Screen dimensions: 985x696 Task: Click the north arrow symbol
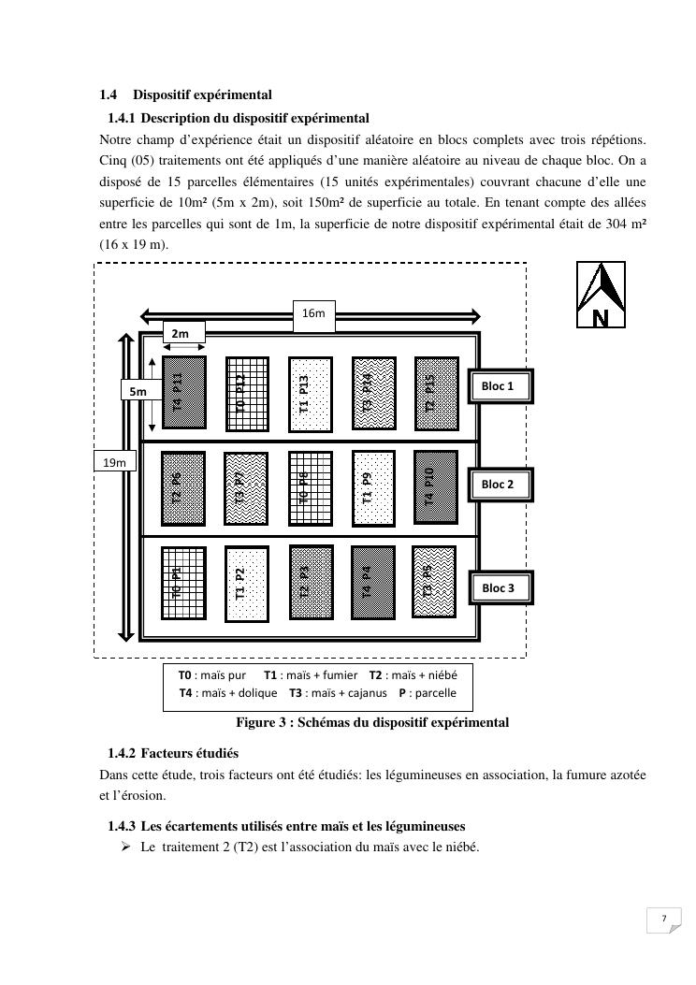pos(600,295)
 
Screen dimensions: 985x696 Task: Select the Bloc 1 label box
pos(500,385)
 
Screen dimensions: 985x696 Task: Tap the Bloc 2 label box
pos(500,485)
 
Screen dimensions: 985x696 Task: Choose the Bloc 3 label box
pos(500,587)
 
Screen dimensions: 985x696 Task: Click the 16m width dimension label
pos(313,313)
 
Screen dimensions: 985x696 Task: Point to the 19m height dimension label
pos(114,462)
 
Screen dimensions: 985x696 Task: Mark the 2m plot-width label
pos(183,333)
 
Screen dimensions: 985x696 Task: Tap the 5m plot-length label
pos(138,392)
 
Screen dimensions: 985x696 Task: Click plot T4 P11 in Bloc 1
pos(183,392)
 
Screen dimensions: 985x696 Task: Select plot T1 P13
pos(310,393)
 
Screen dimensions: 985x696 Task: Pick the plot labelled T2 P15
pos(436,393)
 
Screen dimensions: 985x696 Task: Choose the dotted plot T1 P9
pos(372,489)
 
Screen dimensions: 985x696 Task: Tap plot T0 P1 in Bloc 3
pos(183,583)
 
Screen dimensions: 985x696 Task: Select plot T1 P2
pos(246,583)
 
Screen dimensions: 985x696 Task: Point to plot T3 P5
pos(433,581)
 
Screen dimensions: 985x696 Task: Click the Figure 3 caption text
pos(372,722)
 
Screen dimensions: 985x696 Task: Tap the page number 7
pos(663,919)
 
